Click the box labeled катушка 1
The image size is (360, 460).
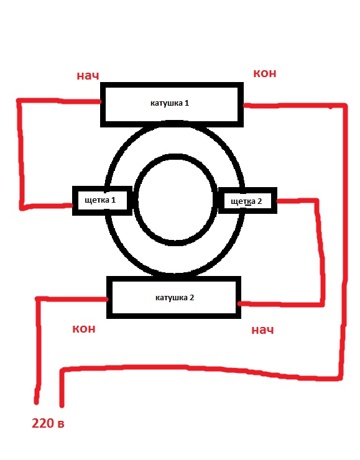tap(172, 104)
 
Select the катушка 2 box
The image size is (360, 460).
tap(173, 298)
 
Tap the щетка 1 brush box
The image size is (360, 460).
tap(102, 201)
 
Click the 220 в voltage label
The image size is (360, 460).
tap(48, 423)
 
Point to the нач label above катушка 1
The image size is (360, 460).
tap(88, 76)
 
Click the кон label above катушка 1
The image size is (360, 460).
tap(265, 73)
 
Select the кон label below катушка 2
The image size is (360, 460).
tap(84, 329)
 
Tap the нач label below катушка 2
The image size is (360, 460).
tap(262, 330)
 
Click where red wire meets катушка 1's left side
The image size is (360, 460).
tap(100, 102)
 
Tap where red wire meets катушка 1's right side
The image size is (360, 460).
tap(244, 105)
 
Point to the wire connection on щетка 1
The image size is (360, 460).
tap(72, 205)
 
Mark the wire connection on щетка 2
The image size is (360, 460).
tap(277, 201)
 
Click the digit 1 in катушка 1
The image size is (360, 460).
tap(187, 103)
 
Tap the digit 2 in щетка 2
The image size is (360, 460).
tap(259, 201)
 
